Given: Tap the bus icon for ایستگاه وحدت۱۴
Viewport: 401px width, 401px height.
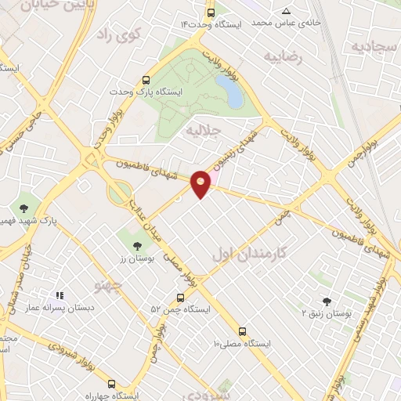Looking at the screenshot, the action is click(211, 13).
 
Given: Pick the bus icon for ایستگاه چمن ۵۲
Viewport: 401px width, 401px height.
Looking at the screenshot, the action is click(180, 298).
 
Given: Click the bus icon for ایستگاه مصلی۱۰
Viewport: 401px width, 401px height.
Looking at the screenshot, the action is click(242, 331).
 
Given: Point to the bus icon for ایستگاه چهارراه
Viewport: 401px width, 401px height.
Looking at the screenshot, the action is click(110, 385).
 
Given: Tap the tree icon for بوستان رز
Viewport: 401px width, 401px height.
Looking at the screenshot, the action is click(138, 246).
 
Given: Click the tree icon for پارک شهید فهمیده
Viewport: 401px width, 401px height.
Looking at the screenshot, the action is click(25, 208).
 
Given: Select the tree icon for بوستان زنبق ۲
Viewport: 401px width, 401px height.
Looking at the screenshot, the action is click(327, 301).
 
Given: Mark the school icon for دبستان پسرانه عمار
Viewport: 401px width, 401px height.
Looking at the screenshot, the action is click(59, 296).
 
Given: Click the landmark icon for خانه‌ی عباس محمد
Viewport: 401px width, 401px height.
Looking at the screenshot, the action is click(287, 11).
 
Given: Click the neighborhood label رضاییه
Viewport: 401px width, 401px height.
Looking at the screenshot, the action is click(282, 56).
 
